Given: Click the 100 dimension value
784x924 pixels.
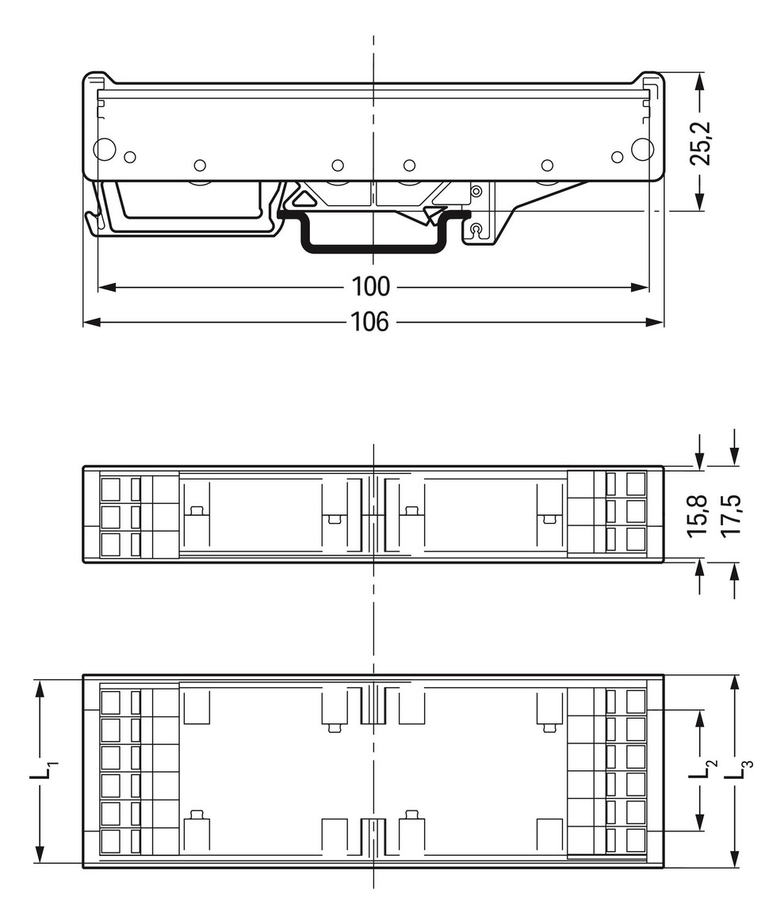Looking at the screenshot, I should pos(371,286).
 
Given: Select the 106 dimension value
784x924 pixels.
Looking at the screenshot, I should pos(371,322).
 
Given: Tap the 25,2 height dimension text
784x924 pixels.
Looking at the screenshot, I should pos(700,143).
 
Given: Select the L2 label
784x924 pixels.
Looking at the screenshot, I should pos(702,769).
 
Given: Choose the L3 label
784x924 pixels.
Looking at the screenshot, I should pos(736,769).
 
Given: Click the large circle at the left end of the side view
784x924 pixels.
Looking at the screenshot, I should pos(105,149).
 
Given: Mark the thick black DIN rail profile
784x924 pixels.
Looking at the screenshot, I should pos(372,247).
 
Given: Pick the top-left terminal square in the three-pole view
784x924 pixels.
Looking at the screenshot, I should pos(110,487).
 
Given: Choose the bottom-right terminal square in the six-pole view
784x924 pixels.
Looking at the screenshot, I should pos(636,840).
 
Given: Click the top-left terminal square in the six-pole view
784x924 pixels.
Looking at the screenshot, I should pos(110,701).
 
